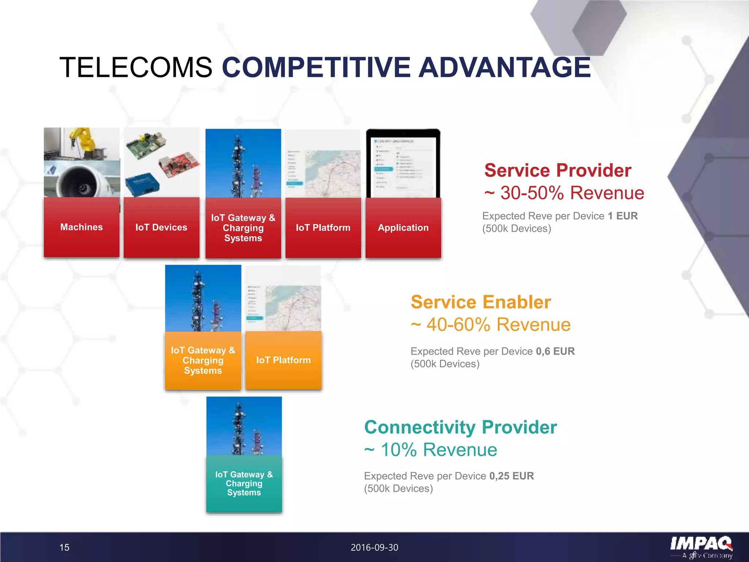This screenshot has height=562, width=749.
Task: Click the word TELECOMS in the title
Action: pos(136,67)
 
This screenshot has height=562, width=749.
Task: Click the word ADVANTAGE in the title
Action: pos(504,67)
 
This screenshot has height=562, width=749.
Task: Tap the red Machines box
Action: pos(82,227)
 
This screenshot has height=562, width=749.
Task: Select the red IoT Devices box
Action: pos(161,228)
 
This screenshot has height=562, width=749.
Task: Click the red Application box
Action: pos(403,228)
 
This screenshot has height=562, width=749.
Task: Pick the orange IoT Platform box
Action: pos(283,360)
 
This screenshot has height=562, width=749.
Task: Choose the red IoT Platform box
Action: pos(323,228)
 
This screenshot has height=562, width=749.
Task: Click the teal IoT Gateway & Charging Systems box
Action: pos(244,483)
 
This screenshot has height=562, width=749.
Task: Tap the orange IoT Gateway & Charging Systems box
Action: pos(203,360)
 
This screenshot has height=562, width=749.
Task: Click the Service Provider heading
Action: pos(558,171)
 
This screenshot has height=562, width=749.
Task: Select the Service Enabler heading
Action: pos(481,302)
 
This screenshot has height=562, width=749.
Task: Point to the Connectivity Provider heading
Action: pos(460,427)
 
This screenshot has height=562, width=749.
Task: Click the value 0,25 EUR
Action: pos(511,476)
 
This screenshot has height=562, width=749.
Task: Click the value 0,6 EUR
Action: pos(555,351)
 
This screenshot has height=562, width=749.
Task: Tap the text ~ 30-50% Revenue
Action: pos(564,193)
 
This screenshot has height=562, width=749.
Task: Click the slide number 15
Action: pos(64,547)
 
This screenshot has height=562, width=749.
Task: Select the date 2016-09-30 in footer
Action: pos(374,547)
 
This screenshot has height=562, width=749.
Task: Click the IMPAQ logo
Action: pos(701,546)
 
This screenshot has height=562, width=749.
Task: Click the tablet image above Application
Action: pos(403,164)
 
